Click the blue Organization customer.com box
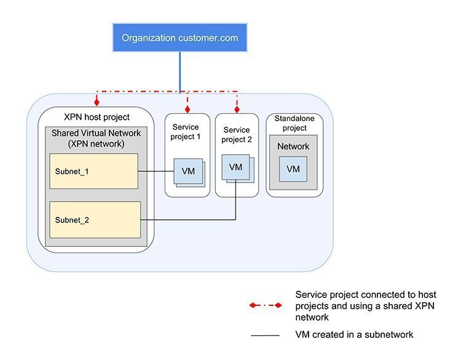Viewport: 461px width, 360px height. coord(179,37)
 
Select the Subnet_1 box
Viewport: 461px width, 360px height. coord(93,171)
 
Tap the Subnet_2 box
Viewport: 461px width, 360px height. coord(95,219)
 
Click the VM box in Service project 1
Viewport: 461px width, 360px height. coord(188,171)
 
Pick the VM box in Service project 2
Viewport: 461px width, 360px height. coord(235,167)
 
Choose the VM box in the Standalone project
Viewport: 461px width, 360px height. coord(293,168)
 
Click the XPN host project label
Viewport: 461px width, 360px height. coord(97,117)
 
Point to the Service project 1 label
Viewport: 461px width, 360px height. coord(186,131)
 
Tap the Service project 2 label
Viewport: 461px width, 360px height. coord(237,135)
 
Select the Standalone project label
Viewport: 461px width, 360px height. coord(294,123)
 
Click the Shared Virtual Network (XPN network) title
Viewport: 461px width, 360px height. coord(96,138)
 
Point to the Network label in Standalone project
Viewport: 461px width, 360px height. coord(293,146)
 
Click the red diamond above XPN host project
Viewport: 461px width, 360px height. coord(97,103)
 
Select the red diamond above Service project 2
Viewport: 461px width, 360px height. coord(237,109)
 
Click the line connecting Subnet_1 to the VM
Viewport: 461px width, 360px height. coord(156,171)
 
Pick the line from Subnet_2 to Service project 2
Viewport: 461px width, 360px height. coord(191,219)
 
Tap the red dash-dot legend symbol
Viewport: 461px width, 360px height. coord(265,305)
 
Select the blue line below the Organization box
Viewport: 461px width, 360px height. coord(180,71)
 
